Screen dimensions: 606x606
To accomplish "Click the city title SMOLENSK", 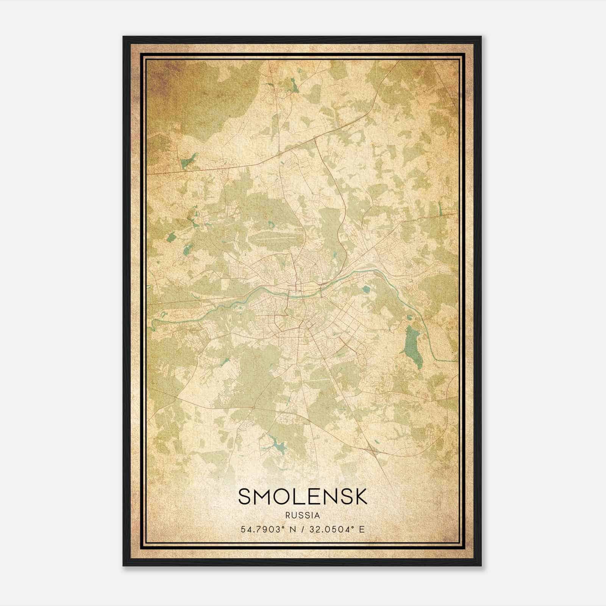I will point(303,496).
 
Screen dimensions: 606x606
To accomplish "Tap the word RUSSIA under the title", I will point(303,515).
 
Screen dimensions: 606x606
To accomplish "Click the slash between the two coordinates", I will point(300,529).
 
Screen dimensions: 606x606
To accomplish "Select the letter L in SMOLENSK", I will point(301,496).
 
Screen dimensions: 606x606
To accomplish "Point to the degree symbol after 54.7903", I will point(282,527).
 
